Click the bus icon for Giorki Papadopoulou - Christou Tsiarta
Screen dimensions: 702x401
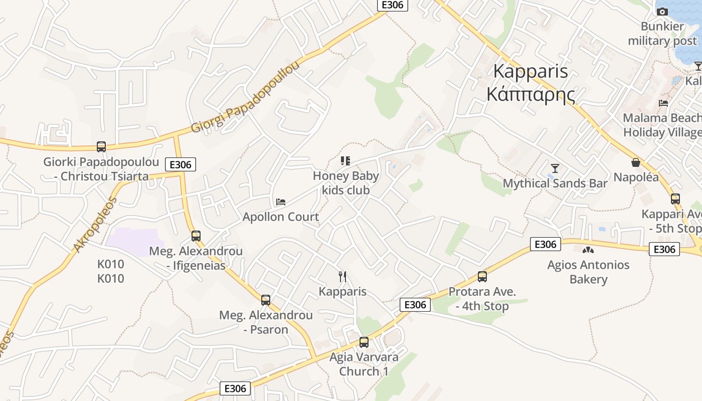tap(101, 147)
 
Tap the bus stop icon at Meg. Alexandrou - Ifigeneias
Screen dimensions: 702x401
tap(196, 236)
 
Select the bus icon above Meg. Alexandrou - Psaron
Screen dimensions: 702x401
tap(266, 300)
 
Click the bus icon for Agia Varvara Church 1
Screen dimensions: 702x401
tap(364, 342)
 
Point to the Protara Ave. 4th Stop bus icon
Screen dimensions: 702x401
tap(482, 276)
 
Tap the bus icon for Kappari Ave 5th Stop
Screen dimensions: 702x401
tap(675, 199)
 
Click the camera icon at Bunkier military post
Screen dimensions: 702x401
tap(662, 12)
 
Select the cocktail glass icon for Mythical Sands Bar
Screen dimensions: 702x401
tap(555, 168)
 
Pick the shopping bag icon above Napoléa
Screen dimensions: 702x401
tap(636, 162)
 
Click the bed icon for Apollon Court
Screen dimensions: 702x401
tap(281, 202)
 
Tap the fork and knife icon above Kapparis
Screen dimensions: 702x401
tap(342, 276)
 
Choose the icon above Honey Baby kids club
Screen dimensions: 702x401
tap(345, 161)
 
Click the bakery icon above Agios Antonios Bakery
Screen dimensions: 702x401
tap(588, 250)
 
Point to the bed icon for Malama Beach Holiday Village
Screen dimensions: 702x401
tap(664, 103)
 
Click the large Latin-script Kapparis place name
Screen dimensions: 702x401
tap(531, 71)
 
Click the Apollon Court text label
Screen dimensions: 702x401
tap(281, 217)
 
